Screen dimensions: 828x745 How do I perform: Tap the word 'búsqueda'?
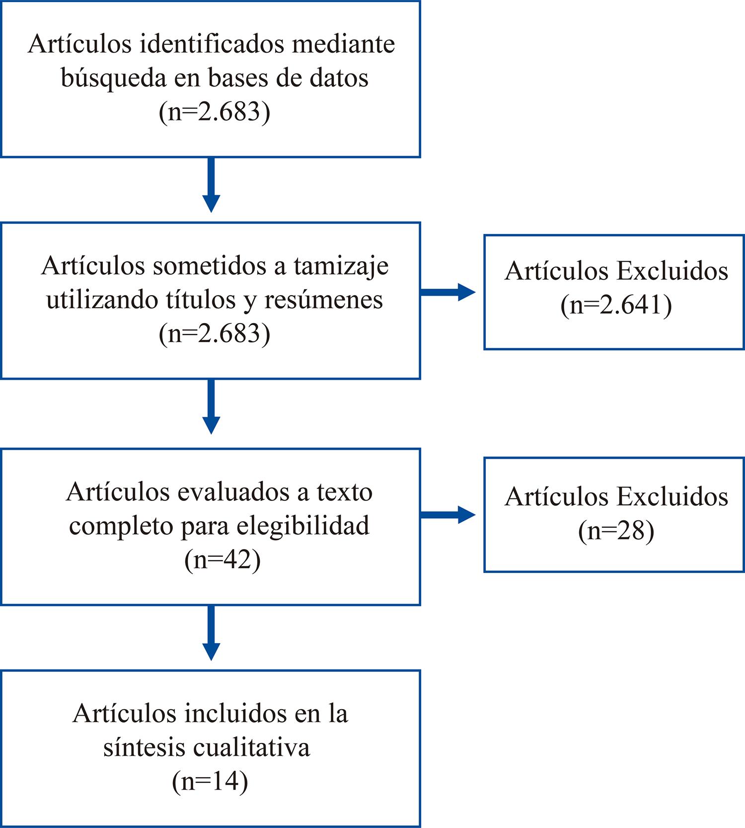(113, 78)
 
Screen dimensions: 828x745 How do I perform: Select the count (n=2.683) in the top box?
(215, 112)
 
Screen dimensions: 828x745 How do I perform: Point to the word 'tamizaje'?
(341, 266)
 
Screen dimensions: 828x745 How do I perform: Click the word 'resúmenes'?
(323, 300)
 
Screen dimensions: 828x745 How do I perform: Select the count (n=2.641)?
(616, 305)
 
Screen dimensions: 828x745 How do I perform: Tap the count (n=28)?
(616, 531)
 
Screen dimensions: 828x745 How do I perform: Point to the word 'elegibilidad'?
(303, 526)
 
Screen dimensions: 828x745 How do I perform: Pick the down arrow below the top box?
(211, 185)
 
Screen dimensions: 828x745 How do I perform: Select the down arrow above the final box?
(211, 633)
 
